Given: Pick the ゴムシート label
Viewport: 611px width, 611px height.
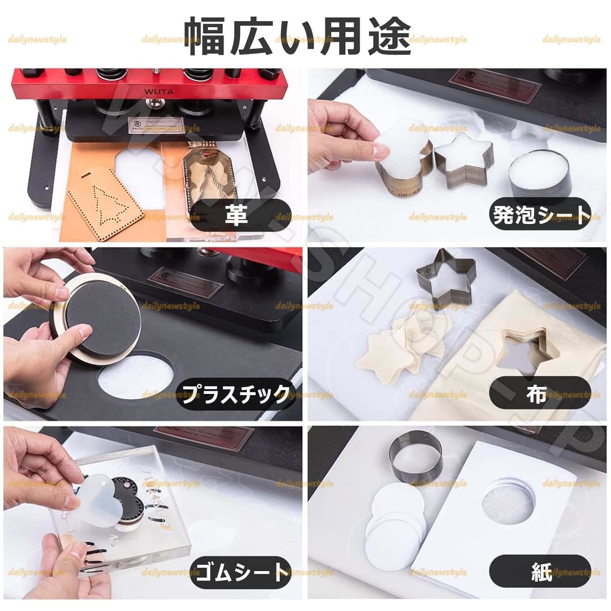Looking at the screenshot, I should click(x=240, y=572).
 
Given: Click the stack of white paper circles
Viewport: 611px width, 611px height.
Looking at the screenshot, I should click(x=393, y=521).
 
